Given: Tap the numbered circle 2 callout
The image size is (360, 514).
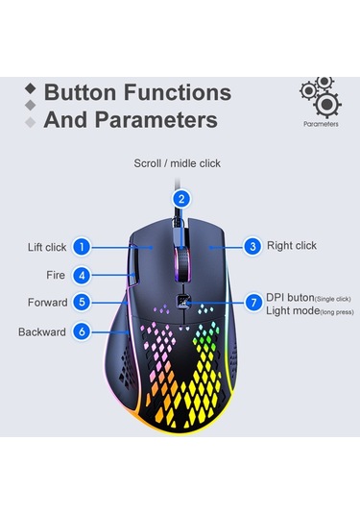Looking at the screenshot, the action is click(x=180, y=199).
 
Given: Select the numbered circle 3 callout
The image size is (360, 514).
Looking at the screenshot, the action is click(x=252, y=246).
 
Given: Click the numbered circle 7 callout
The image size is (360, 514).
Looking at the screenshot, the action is click(x=252, y=302).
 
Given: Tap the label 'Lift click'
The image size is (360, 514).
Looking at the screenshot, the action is click(x=47, y=247).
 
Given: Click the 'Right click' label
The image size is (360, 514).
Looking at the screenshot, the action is click(x=292, y=246).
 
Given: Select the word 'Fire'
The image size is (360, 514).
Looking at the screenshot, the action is click(x=56, y=275).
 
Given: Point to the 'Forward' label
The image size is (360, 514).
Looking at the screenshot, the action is click(x=48, y=303).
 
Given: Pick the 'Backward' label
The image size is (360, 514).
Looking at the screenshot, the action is click(x=42, y=332).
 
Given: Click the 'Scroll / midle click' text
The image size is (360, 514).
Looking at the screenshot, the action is click(x=178, y=163).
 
